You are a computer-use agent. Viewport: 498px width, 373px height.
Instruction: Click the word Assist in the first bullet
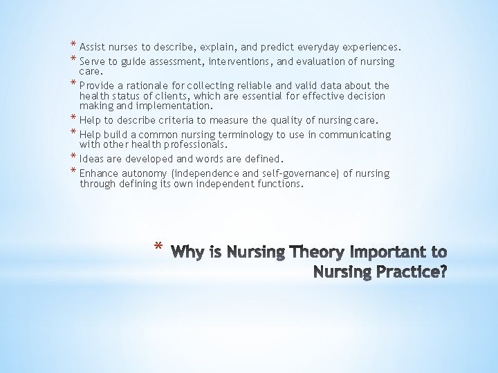pyautogui.click(x=93, y=48)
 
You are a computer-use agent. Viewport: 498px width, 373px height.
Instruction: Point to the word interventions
pyautogui.click(x=255, y=62)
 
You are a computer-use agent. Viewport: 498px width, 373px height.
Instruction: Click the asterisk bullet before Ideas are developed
pyautogui.click(x=73, y=158)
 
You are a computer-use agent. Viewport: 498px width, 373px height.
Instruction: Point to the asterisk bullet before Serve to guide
pyautogui.click(x=73, y=59)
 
